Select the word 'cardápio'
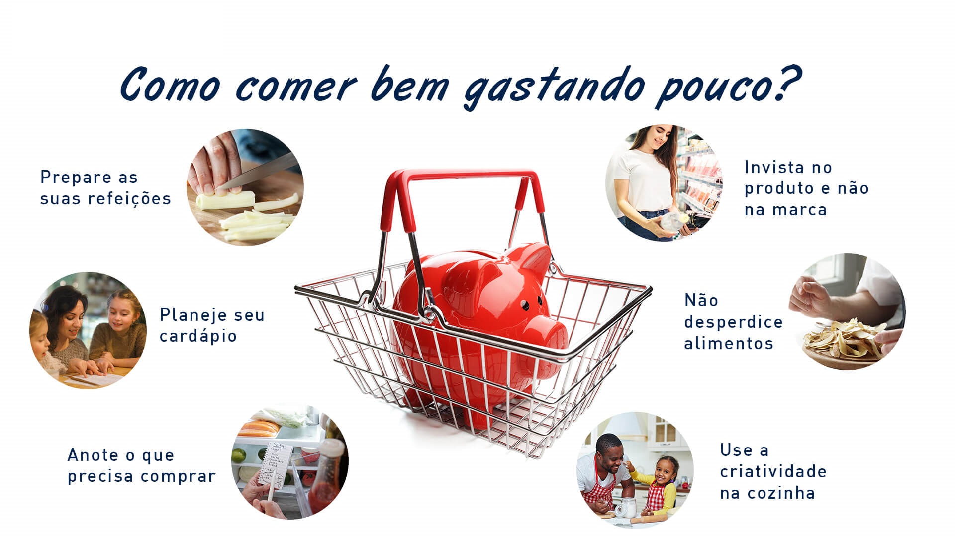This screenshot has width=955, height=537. pos(198,336)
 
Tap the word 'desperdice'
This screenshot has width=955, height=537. pos(734,322)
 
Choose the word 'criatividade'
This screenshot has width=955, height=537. pos(773,471)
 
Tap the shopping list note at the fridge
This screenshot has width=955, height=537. pos(273,462)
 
